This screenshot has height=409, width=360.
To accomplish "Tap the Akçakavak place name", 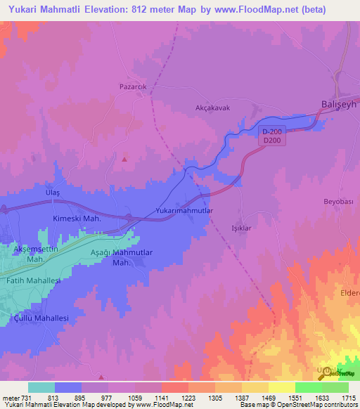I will coord(213,108).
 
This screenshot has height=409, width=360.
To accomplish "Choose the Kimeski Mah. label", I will coord(78,219).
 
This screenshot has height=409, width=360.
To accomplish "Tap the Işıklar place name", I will coord(242,228).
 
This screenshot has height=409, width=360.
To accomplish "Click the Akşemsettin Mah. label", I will coord(36,254).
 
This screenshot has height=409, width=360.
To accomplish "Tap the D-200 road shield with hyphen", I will coord(272,131).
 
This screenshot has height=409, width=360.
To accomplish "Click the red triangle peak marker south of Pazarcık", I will coord(125,158).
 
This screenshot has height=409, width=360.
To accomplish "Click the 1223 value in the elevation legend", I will coord(188,397).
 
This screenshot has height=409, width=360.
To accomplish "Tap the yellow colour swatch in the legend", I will coord(281,387).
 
